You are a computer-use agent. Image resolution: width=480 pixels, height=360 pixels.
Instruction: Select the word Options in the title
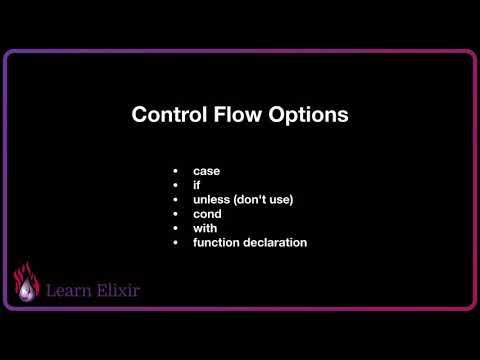308,115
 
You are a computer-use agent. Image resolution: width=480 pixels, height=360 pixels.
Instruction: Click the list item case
206,171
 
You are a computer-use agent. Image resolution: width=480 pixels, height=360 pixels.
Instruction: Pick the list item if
196,185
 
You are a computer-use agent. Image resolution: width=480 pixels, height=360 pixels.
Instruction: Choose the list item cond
207,213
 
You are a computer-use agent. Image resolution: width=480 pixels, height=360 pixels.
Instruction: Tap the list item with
205,227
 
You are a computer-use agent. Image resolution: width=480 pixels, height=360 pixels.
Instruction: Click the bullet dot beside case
175,171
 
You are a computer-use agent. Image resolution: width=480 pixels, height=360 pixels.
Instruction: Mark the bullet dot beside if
175,185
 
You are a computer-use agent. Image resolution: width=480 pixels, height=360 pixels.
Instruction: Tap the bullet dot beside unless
175,199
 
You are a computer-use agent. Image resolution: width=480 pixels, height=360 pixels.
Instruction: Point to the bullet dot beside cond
175,213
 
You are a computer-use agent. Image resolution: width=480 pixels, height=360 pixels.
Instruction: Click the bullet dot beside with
175,228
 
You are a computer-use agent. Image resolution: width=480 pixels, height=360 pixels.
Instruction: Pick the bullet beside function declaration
175,242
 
